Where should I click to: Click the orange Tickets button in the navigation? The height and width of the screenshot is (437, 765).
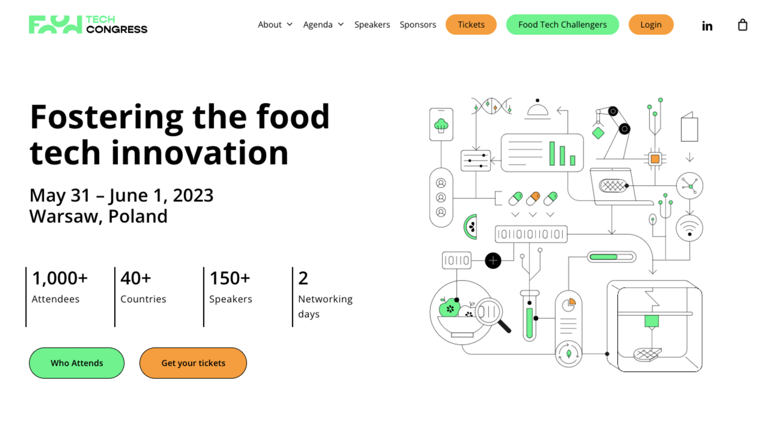471,24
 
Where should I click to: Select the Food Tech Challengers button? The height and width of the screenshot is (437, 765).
562,24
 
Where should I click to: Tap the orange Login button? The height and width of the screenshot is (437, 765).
651,24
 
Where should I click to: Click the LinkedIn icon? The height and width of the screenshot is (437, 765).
707,26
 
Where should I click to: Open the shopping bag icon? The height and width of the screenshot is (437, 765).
743,25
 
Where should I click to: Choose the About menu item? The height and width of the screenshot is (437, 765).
275,24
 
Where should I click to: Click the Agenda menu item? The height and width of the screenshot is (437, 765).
323,24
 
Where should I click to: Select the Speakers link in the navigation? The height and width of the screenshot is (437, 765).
372,24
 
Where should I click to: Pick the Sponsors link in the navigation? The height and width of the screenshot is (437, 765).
418,24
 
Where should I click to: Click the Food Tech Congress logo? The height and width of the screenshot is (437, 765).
88,24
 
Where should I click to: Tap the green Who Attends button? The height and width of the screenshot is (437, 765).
76,363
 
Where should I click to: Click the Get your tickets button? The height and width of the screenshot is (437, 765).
193,363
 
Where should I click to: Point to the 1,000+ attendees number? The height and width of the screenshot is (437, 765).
60,278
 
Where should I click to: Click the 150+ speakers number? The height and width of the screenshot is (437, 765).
230,278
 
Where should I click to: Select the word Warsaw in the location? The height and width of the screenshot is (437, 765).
66,217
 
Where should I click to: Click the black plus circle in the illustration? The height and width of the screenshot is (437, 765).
493,261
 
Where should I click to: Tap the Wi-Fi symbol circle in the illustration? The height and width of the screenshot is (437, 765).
689,228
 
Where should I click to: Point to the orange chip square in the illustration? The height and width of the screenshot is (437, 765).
655,159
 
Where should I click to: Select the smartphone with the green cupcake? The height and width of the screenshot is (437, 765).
441,124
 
